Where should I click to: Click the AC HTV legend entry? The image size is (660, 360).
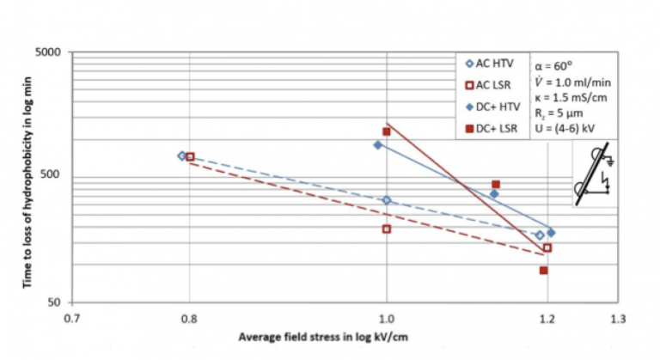489,63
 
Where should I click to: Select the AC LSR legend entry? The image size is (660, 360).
489,85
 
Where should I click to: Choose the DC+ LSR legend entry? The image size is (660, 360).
491,130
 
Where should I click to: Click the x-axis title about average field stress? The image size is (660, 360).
323,336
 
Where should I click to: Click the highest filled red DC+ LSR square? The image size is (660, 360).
387,131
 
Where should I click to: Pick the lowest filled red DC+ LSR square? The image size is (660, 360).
543,271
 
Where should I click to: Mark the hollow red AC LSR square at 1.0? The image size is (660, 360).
387,229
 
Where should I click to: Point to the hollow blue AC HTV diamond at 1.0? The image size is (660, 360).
387,200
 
